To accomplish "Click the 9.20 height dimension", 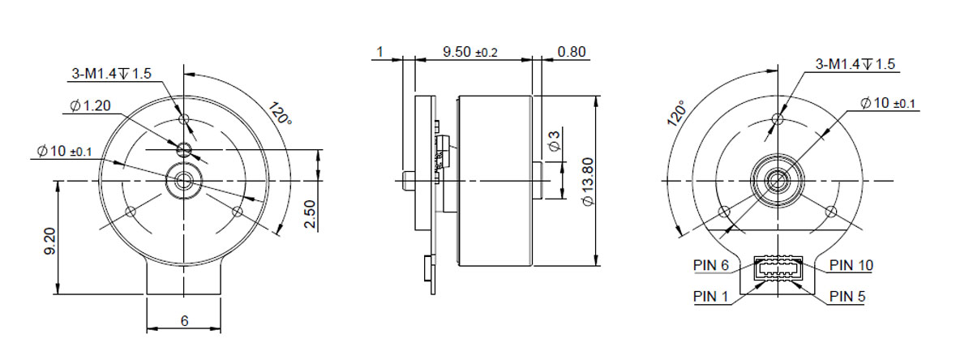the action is pyautogui.click(x=50, y=241).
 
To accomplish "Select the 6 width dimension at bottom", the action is pyautogui.click(x=185, y=321).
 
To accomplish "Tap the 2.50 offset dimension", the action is pyautogui.click(x=310, y=214).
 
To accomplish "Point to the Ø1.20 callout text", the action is pyautogui.click(x=90, y=105).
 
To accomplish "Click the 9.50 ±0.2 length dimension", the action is pyautogui.click(x=470, y=52).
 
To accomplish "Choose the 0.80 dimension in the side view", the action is pyautogui.click(x=572, y=52).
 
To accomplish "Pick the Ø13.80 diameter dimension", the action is pyautogui.click(x=588, y=182).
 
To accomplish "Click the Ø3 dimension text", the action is pyautogui.click(x=555, y=141).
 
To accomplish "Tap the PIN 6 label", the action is pyautogui.click(x=710, y=265).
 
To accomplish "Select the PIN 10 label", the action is pyautogui.click(x=851, y=265).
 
